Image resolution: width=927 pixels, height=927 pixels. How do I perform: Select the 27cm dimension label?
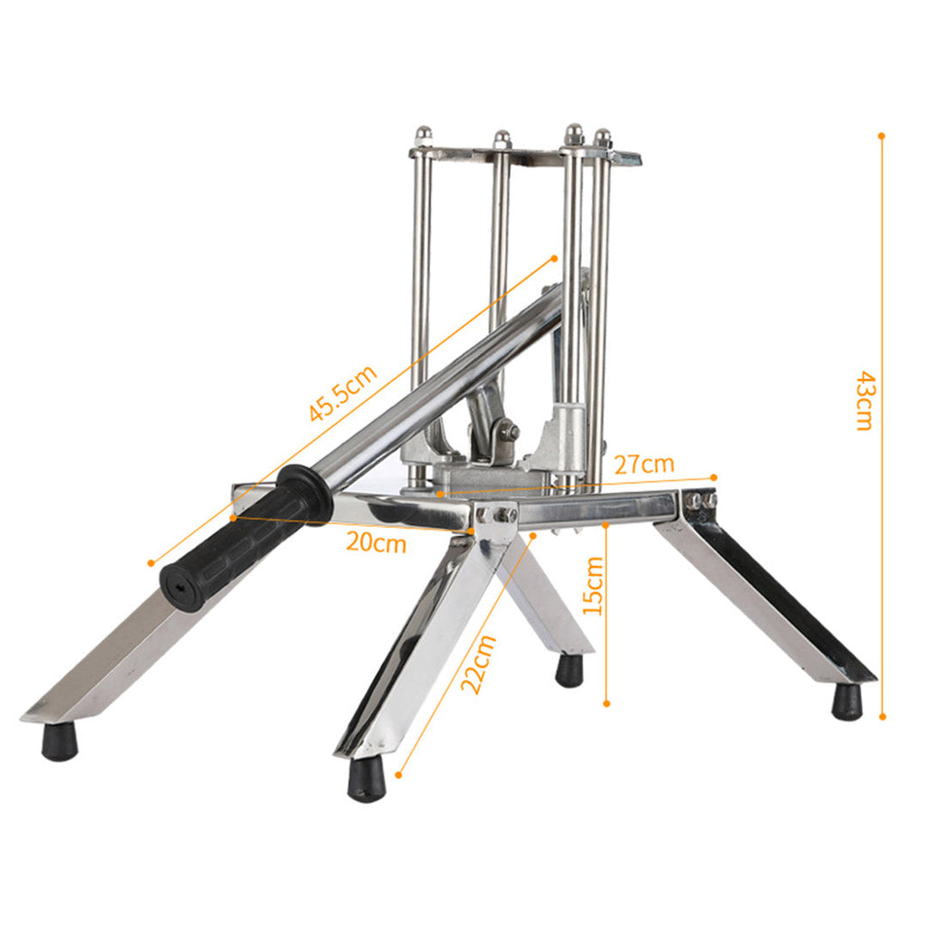[645, 464]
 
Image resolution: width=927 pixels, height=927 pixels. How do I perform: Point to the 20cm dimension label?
[376, 543]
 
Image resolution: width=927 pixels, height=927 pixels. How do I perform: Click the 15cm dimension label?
[593, 586]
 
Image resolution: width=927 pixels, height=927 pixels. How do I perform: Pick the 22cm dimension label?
[478, 664]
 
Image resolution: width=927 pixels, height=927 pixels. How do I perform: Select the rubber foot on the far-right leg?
[846, 702]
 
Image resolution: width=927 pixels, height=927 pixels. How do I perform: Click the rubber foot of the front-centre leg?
[367, 779]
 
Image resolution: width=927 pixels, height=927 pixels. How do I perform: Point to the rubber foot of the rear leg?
[569, 670]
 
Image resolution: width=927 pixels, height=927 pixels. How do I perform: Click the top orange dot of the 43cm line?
[882, 136]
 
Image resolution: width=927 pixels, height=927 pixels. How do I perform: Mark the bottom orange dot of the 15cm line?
[607, 702]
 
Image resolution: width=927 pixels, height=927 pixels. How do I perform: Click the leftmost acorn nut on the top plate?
[423, 136]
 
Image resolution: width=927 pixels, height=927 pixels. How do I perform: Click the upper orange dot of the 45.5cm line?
[554, 259]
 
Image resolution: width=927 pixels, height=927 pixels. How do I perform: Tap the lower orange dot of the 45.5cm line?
[151, 563]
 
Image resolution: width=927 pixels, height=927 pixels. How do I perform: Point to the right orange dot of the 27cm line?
[714, 476]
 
